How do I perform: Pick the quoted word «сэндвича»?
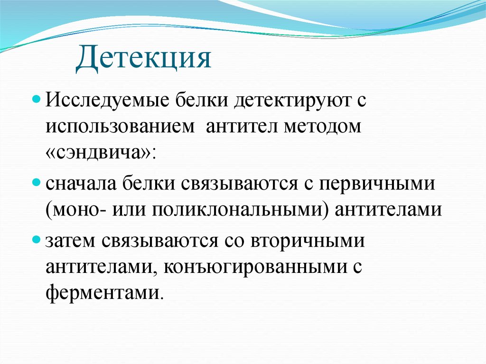tap(101, 154)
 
